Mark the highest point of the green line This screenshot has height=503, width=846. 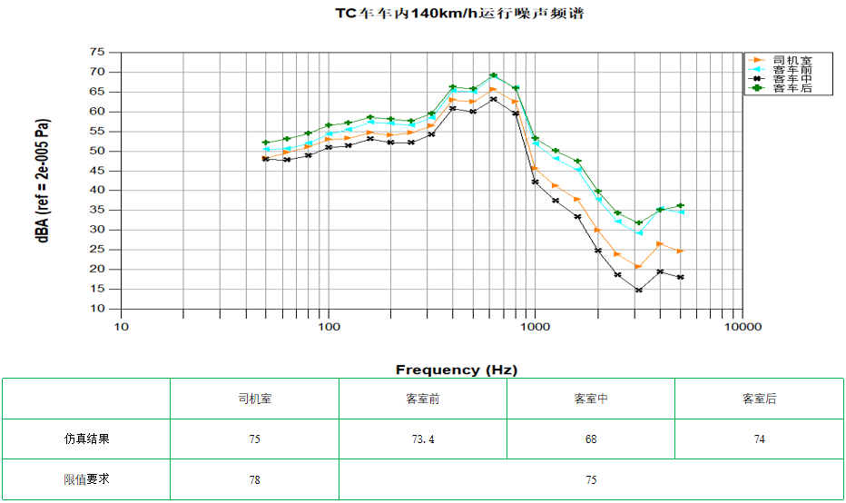[493, 75]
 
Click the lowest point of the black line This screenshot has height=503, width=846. [639, 291]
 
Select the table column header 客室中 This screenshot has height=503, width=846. [591, 399]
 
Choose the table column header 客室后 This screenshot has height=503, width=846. [759, 399]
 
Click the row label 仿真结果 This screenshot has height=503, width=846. [87, 439]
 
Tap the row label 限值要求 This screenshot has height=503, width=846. [87, 478]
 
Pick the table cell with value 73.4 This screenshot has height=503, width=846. [423, 439]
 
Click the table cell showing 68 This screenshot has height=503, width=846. [591, 439]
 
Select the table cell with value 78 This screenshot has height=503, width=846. [254, 479]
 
